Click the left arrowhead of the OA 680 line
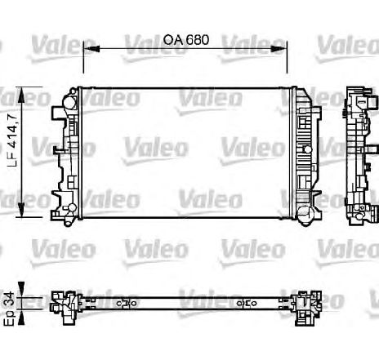click(87, 49)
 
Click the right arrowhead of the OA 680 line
click(290, 49)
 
